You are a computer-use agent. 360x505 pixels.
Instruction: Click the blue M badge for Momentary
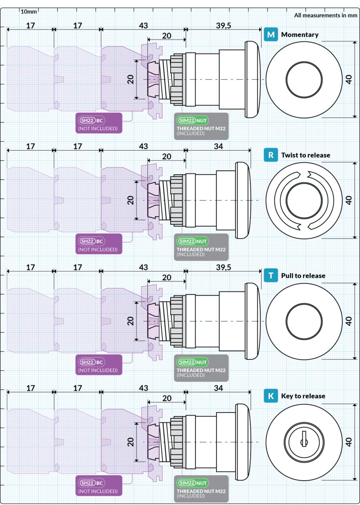[271, 35]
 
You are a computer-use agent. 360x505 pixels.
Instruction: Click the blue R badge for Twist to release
[271, 155]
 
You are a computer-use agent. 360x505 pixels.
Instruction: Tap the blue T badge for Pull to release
[271, 276]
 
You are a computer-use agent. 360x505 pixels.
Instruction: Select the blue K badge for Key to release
[271, 396]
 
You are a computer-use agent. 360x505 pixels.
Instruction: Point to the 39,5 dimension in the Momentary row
[224, 26]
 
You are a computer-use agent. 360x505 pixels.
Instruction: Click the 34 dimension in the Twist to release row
[218, 146]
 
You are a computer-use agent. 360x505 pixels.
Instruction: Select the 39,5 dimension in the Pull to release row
[224, 267]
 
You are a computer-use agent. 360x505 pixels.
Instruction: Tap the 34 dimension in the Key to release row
[218, 387]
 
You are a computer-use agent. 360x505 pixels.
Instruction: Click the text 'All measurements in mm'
[325, 16]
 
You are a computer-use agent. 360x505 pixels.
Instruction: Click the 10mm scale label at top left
[29, 11]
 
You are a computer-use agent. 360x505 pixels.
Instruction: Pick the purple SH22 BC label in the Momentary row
[99, 123]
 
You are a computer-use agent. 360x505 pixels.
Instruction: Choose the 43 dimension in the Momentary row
[143, 26]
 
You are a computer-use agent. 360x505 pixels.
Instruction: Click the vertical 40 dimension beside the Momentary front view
[348, 80]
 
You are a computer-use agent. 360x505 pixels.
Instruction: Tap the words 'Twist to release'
[306, 155]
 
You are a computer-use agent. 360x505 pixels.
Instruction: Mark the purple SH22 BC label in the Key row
[99, 485]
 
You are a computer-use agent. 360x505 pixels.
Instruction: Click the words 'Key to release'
[303, 396]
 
